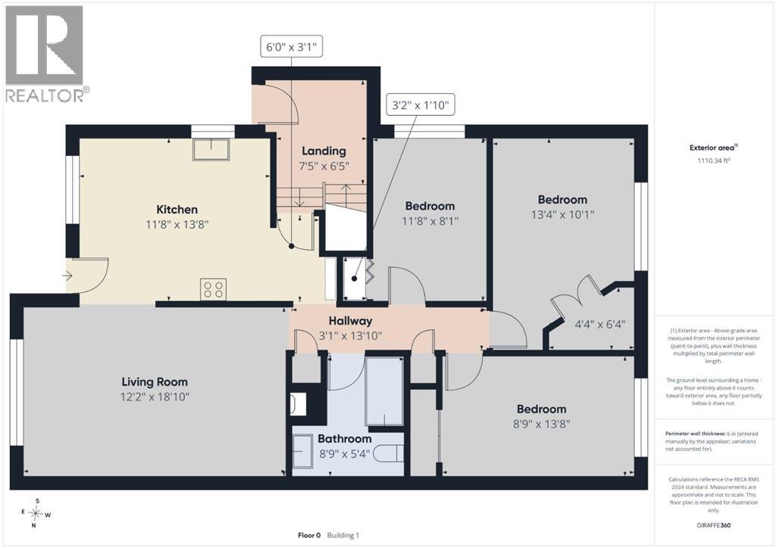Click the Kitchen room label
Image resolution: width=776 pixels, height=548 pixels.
click(x=177, y=210)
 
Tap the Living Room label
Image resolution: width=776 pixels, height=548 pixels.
click(x=155, y=382)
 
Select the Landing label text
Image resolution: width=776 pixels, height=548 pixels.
click(x=324, y=151)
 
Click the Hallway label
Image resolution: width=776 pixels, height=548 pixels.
click(x=350, y=321)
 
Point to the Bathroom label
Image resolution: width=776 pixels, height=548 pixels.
click(x=345, y=439)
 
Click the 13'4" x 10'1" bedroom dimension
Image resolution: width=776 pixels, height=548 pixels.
click(x=562, y=214)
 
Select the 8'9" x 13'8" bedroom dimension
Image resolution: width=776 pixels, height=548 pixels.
click(x=541, y=424)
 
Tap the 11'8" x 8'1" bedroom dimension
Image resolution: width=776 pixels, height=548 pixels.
click(x=430, y=221)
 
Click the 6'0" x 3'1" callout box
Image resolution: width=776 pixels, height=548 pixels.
click(x=291, y=48)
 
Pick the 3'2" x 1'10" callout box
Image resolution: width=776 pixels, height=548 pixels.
click(x=420, y=104)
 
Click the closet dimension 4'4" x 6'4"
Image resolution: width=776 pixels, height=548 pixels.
click(x=600, y=325)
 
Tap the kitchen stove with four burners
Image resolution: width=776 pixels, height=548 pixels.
click(x=213, y=289)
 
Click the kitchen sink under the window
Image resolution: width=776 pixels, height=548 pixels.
click(x=211, y=150)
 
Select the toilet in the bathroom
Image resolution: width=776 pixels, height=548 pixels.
click(x=389, y=453)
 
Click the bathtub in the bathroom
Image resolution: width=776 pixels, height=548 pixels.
click(x=384, y=391)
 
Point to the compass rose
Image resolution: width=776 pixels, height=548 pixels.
click(x=36, y=514)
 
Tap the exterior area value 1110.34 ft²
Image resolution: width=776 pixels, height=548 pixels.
click(x=714, y=160)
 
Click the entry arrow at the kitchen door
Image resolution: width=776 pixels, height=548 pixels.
click(x=69, y=276)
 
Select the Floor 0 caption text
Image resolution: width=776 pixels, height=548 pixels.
click(x=309, y=535)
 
